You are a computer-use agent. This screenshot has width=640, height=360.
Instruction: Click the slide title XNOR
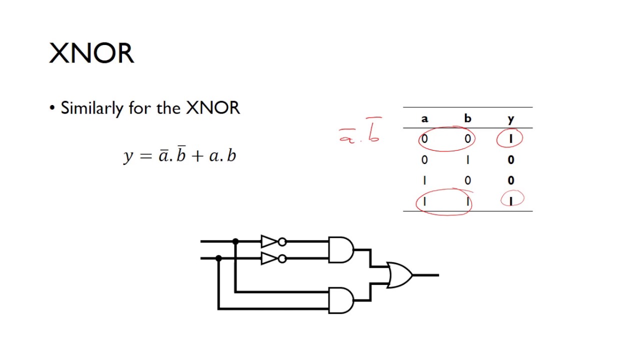coord(91,53)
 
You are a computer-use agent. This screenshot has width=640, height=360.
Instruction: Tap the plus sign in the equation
coord(197,156)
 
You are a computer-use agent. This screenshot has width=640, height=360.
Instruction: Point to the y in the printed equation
coord(128,156)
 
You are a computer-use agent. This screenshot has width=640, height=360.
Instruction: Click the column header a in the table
coord(424,118)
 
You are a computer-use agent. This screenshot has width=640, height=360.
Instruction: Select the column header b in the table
coord(467,118)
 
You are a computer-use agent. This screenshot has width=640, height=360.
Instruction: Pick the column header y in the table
coord(510,119)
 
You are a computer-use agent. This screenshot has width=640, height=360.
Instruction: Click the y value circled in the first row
coord(510,139)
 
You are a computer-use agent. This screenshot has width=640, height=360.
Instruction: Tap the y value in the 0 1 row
coord(510,160)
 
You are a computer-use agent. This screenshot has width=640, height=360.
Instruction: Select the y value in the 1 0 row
coord(510,180)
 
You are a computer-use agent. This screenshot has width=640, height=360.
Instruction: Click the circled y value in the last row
coord(511,200)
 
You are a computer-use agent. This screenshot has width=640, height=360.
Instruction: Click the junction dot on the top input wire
coord(235,241)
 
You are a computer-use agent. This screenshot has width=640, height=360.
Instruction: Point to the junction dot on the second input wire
coord(218,258)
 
